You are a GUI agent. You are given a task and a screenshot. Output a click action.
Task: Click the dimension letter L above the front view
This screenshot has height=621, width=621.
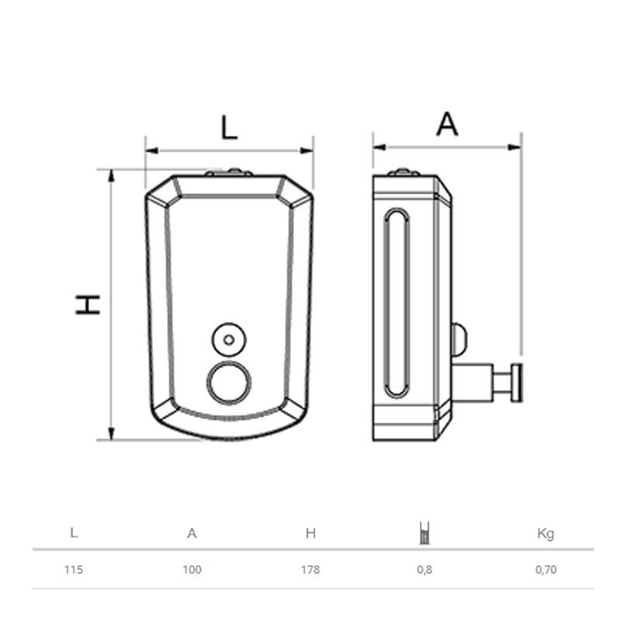click(x=228, y=127)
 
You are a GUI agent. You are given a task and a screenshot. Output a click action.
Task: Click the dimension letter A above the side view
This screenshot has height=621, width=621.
click(x=446, y=124)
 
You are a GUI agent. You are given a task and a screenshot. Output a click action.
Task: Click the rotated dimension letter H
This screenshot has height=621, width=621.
click(x=88, y=304)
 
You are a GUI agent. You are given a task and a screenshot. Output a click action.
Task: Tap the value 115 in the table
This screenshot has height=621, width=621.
click(x=74, y=569)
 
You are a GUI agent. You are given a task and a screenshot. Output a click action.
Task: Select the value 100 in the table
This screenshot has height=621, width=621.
click(x=192, y=569)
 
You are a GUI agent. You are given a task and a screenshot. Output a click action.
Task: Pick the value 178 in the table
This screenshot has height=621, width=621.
click(x=310, y=569)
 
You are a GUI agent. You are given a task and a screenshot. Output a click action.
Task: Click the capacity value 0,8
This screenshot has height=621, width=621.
click(x=424, y=569)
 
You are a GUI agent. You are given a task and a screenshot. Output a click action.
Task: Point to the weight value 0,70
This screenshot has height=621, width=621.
click(x=546, y=569)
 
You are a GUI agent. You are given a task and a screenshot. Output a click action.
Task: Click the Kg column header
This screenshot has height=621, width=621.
click(x=546, y=533)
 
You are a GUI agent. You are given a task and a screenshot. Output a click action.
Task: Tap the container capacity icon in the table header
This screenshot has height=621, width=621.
click(x=424, y=533)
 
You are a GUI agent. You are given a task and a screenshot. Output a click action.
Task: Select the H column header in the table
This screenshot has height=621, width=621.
click(x=310, y=533)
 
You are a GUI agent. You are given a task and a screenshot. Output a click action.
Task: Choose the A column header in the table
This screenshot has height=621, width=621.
click(x=192, y=533)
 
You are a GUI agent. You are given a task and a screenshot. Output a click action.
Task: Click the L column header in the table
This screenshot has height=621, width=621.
click(x=74, y=533)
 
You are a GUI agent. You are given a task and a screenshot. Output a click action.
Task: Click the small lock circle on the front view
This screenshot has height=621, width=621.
click(x=227, y=339)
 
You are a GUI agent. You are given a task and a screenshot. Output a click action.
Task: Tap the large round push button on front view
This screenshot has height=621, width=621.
click(x=227, y=383)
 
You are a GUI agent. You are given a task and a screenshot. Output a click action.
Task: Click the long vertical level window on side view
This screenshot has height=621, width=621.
click(x=396, y=303)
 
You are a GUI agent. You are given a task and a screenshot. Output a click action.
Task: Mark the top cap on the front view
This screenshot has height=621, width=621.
click(x=229, y=172)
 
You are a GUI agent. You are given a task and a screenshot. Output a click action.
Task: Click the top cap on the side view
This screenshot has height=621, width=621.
click(x=404, y=172)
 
